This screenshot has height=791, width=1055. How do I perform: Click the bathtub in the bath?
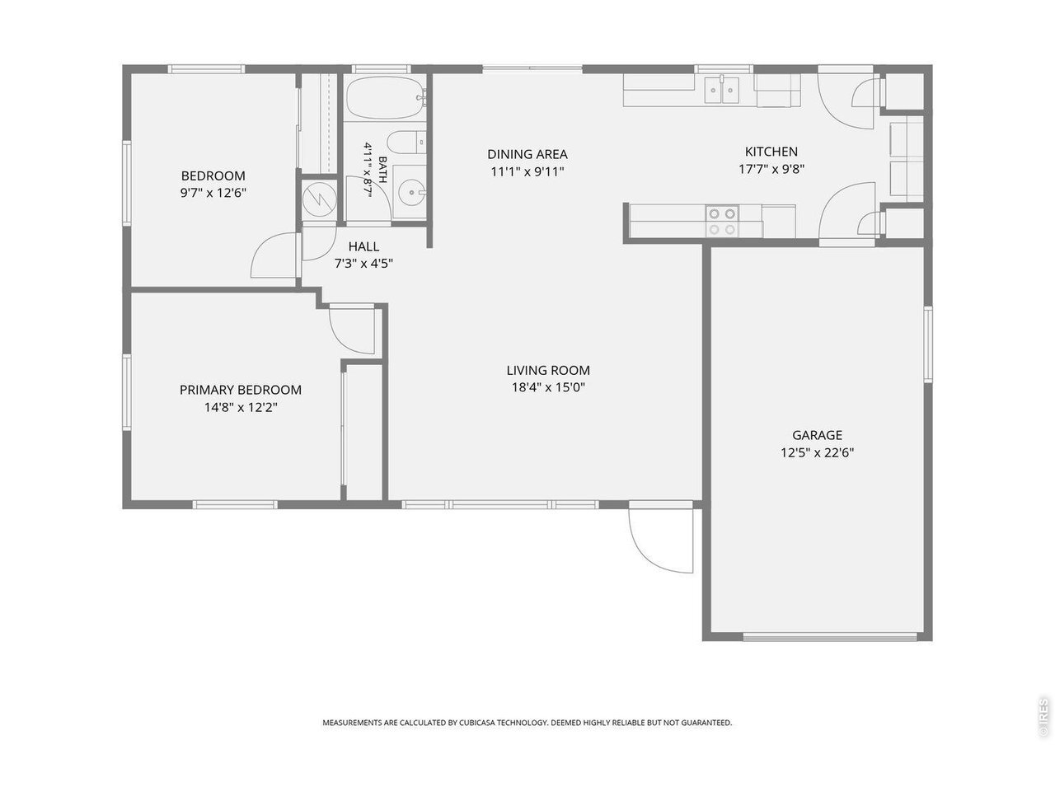386,97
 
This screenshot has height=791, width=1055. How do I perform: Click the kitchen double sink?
722,90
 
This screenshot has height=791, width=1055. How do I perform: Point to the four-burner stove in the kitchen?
722,222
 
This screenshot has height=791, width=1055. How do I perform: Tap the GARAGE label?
817,435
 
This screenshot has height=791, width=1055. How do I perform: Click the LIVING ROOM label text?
548,370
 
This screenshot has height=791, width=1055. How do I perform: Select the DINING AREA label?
527,154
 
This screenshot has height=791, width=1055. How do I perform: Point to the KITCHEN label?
771,152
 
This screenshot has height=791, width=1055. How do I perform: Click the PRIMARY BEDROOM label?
241,390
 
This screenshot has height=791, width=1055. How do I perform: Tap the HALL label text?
363,246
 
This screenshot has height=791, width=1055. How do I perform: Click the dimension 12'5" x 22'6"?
817,452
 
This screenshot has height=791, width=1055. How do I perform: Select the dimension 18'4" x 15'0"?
548,387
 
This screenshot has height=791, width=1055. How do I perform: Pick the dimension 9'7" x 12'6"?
213,193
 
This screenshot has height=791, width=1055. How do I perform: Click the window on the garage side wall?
928,344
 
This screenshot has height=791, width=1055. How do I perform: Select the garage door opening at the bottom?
830,637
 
